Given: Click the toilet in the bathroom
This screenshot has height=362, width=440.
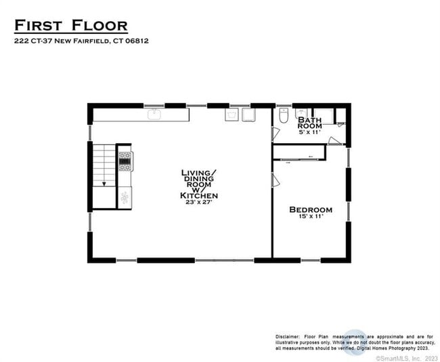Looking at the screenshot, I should [284, 117].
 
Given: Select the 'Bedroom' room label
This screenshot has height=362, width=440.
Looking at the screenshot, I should [311, 209].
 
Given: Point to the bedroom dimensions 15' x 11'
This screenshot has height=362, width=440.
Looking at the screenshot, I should [311, 217].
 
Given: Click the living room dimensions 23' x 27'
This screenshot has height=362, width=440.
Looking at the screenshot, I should [199, 202].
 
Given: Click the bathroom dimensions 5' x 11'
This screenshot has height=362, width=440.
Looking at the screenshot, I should [310, 132].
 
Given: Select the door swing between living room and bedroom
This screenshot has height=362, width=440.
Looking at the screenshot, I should [276, 180].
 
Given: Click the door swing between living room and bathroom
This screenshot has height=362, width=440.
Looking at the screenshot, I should [276, 134].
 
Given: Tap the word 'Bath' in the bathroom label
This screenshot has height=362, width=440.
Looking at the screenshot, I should [310, 119].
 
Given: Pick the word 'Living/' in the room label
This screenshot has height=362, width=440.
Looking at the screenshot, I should [199, 173].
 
